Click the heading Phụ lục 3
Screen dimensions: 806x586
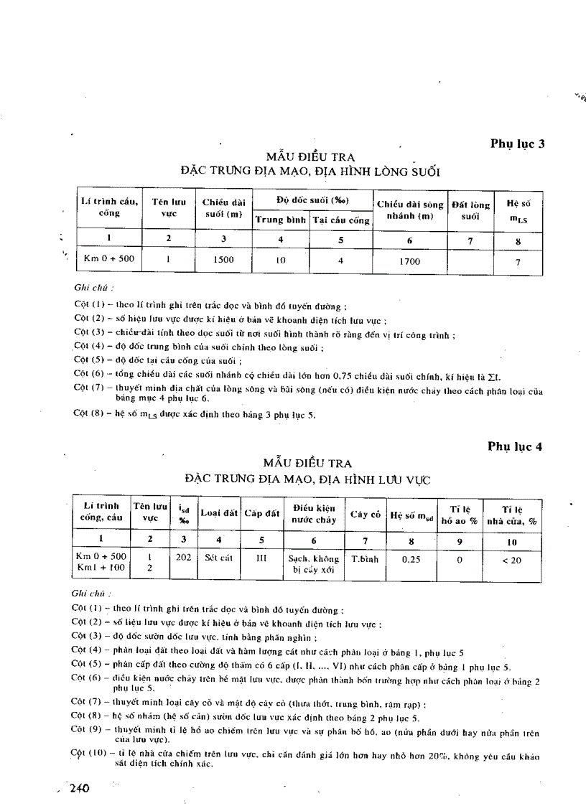point(517,143)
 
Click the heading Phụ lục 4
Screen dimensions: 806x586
point(515,446)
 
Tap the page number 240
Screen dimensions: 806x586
point(78,788)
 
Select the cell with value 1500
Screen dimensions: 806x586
point(223,260)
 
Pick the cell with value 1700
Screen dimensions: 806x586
point(409,261)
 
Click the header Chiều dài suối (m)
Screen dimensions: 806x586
point(223,208)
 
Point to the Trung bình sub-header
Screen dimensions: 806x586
point(281,220)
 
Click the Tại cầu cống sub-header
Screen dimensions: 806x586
point(340,220)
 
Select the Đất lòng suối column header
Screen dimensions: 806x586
point(470,209)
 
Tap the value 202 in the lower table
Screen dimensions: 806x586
point(184,556)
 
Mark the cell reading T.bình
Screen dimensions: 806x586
point(364,557)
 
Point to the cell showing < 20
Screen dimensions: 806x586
point(512,560)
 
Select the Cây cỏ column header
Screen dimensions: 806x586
point(364,514)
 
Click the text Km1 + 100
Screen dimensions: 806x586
point(101,566)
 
